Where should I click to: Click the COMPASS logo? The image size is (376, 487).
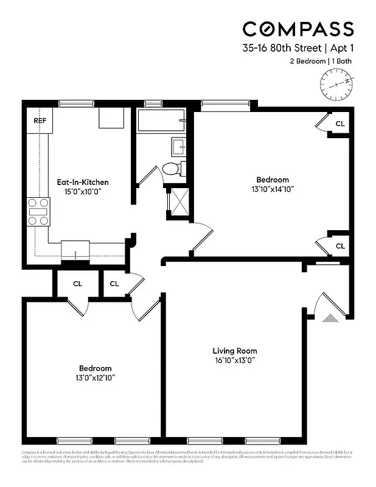point(298,29)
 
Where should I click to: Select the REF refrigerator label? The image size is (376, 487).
point(40,121)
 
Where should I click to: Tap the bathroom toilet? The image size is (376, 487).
point(172,169)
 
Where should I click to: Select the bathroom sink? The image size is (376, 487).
point(181,147)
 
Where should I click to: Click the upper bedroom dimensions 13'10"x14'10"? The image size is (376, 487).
point(272,189)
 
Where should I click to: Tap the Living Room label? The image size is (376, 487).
point(234,351)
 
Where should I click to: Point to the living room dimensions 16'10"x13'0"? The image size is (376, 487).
point(234,360)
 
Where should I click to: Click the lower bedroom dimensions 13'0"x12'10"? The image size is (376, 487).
point(96,378)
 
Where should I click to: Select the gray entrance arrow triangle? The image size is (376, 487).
point(330,317)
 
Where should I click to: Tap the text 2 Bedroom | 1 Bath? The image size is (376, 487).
point(320,61)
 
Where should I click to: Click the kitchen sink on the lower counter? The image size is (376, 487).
point(76,250)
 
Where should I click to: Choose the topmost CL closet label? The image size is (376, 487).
point(340,124)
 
